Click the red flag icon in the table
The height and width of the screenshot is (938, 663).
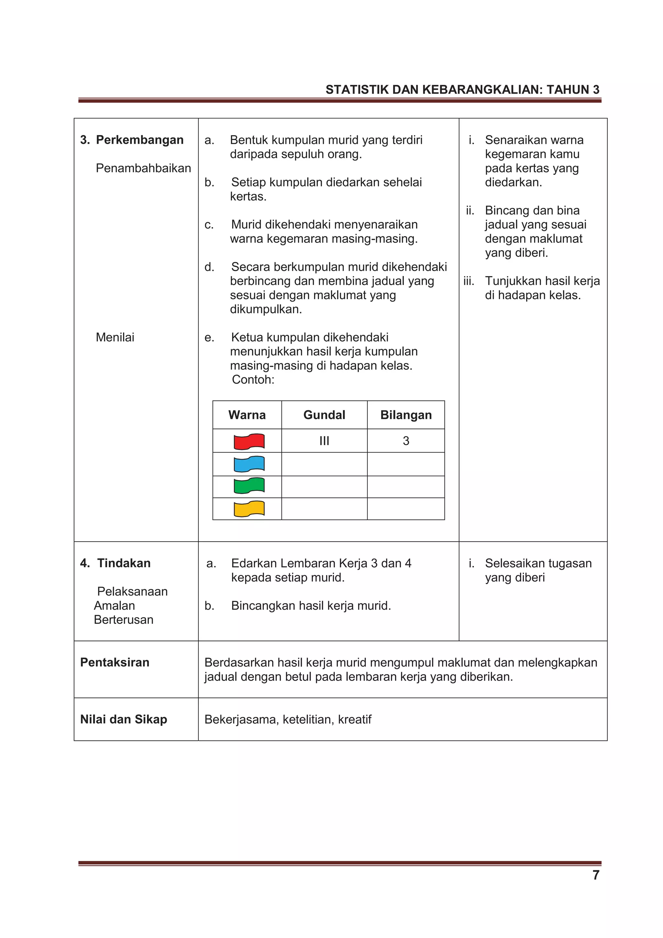(x=249, y=441)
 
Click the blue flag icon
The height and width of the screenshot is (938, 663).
(x=249, y=464)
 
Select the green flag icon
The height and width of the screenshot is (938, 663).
(x=249, y=486)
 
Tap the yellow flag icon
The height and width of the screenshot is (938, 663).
(x=249, y=509)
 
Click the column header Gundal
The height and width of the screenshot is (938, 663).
(x=324, y=415)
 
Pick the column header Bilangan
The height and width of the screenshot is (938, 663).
(x=406, y=415)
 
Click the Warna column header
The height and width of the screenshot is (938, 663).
(x=247, y=415)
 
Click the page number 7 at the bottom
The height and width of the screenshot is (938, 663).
(x=596, y=875)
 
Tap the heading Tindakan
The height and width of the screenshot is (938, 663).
(x=124, y=563)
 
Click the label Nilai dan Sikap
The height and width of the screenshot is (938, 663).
(x=123, y=719)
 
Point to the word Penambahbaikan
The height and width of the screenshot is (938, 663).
(x=143, y=168)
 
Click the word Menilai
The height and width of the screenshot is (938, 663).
(x=115, y=337)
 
